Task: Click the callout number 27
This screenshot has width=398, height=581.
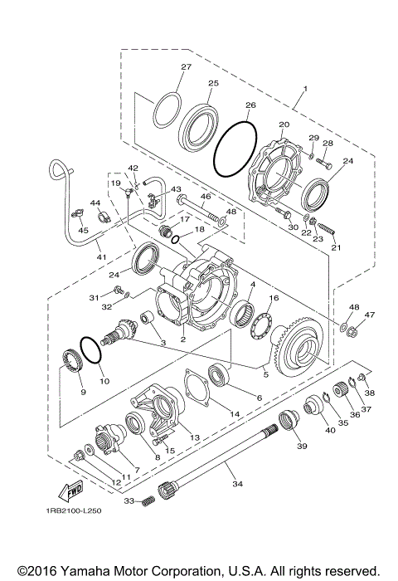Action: point(186,66)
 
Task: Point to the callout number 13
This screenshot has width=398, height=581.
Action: point(196,437)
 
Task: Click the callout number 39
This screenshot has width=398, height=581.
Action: point(301,446)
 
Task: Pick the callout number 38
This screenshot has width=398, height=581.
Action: point(370,393)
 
